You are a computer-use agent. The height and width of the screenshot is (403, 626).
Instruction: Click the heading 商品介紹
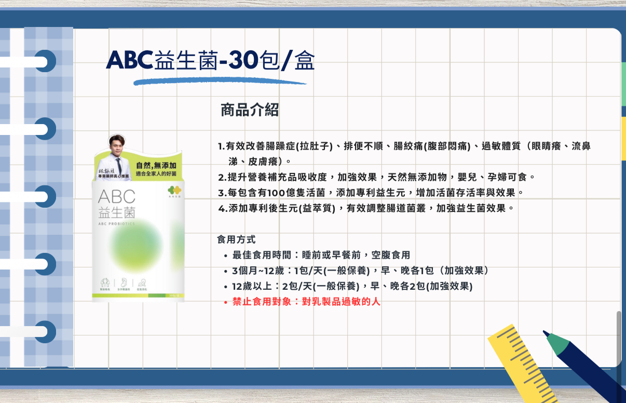[x=250, y=110]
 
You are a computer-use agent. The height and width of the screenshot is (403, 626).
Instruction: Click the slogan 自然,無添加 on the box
[x=159, y=165]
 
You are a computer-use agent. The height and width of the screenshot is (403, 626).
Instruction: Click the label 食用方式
[x=236, y=240]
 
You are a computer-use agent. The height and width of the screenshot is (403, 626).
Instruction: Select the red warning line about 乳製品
[x=306, y=301]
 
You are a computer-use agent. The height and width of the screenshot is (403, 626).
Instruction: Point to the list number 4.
[x=222, y=209]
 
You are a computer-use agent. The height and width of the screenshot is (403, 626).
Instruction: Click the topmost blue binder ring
[x=46, y=61]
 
